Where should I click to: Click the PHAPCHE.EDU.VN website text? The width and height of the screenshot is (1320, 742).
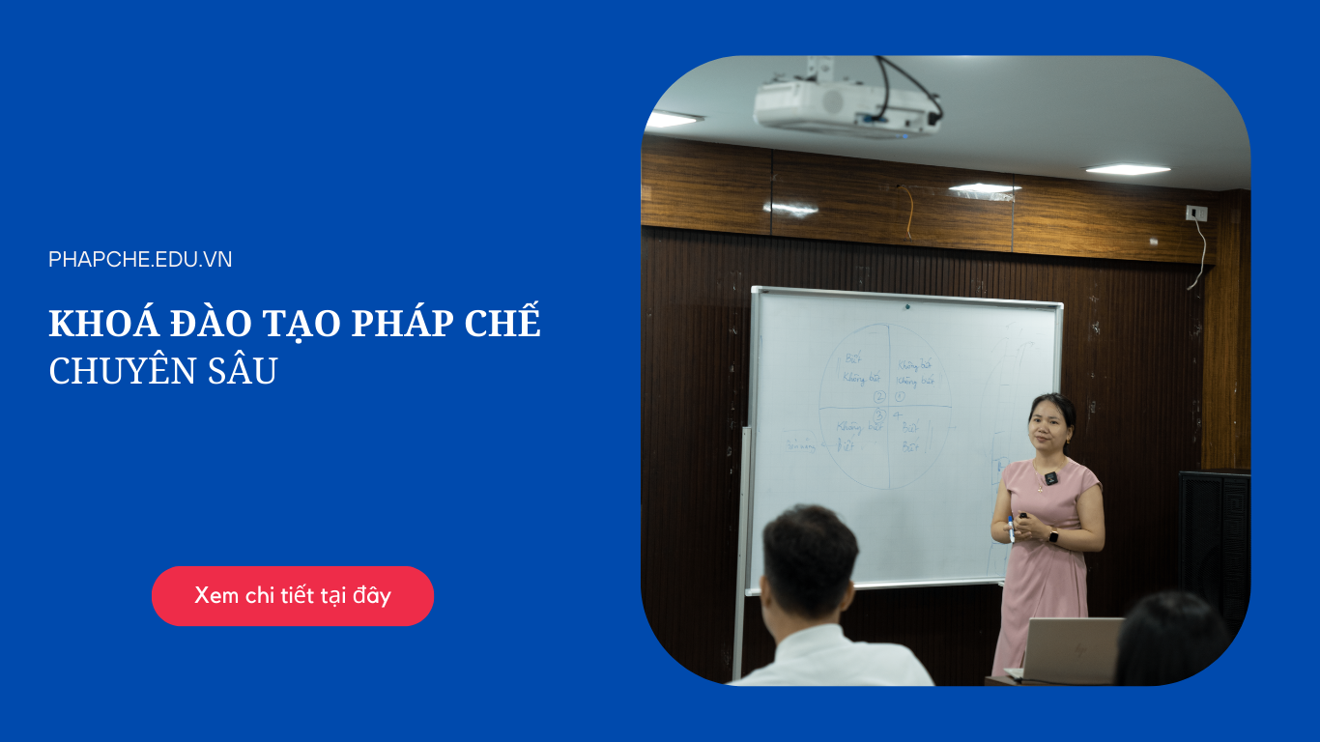[x=140, y=259]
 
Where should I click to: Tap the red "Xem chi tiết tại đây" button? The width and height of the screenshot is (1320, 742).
[x=293, y=595]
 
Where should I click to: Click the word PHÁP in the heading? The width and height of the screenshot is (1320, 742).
[x=399, y=325]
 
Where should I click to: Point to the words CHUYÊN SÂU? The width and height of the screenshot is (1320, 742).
[x=162, y=371]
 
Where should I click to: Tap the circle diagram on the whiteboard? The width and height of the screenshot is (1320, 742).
[x=884, y=406]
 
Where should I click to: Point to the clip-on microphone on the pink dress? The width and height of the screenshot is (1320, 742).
[x=1050, y=477]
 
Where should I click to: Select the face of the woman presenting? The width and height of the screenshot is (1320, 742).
[x=1047, y=424]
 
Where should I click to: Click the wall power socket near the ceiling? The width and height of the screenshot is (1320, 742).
[x=1196, y=213]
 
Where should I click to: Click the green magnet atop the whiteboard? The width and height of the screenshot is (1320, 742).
[x=906, y=307]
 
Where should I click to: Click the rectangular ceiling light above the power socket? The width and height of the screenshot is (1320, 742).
[x=1128, y=170]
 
